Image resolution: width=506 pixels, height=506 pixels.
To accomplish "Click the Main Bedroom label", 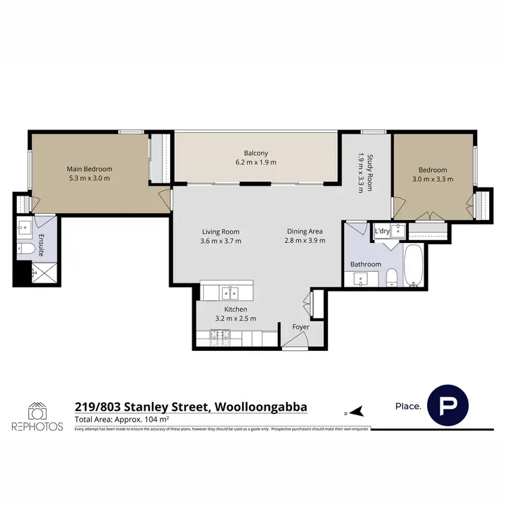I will point(89,169).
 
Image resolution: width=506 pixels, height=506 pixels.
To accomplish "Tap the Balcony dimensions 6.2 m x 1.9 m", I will point(256,163).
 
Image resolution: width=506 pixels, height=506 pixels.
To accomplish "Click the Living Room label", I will point(220,231).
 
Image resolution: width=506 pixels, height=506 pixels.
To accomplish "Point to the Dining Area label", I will point(304,231).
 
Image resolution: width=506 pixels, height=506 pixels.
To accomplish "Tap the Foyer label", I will point(300,327).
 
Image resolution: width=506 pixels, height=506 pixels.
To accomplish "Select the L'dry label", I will point(382,231).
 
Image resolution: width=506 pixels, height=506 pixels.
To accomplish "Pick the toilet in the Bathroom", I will point(391,277).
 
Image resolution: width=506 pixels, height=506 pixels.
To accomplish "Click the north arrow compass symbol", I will point(356,410).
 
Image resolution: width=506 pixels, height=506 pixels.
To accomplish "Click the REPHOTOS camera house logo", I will point(37,411).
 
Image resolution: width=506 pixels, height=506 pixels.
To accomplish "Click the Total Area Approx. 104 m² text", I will point(121,420).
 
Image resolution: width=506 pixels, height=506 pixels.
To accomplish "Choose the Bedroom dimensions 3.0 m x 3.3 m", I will point(432,179).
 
